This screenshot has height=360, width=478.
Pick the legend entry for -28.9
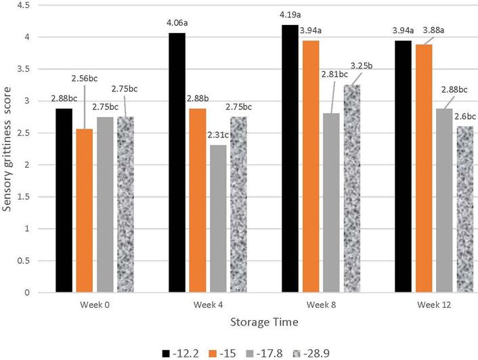(x=321, y=351)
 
